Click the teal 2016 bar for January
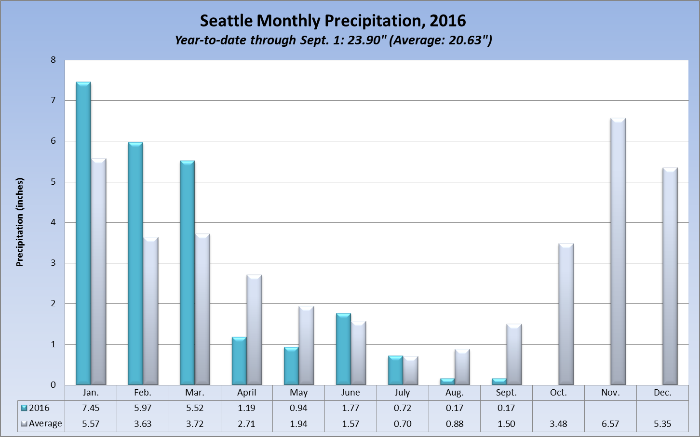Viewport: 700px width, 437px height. (83, 233)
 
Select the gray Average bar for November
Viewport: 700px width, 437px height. (618, 251)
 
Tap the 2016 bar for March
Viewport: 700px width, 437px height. (187, 273)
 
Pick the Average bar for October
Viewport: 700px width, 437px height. (566, 314)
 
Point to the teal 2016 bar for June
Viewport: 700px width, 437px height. (343, 349)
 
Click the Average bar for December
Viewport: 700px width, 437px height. (670, 276)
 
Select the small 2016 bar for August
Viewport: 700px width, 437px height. (447, 382)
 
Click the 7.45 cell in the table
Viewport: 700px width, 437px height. (91, 408)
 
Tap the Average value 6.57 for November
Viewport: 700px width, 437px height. (610, 424)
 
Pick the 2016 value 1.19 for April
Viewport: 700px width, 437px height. (247, 408)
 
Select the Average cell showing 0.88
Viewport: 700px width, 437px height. (455, 424)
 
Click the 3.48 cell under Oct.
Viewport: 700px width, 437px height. (558, 424)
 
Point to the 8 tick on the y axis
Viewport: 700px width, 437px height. (53, 60)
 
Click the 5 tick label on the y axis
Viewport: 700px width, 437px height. (53, 182)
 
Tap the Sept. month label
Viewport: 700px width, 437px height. (506, 393)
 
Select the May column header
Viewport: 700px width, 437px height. (299, 393)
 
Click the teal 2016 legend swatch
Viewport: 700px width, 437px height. (24, 408)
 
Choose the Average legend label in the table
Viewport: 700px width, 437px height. (45, 424)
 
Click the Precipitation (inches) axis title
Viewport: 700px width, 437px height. (20, 222)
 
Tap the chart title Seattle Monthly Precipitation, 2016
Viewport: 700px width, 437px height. (333, 21)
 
